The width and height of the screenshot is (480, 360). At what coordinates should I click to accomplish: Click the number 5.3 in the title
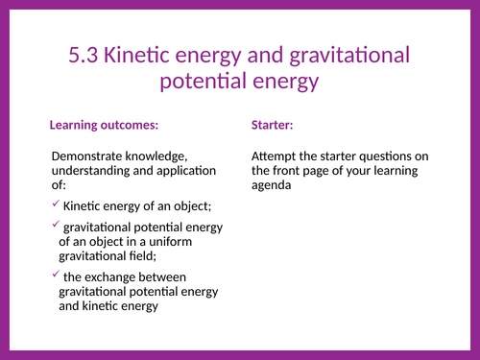click(x=87, y=56)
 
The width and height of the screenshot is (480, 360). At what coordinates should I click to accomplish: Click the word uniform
click(x=198, y=241)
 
